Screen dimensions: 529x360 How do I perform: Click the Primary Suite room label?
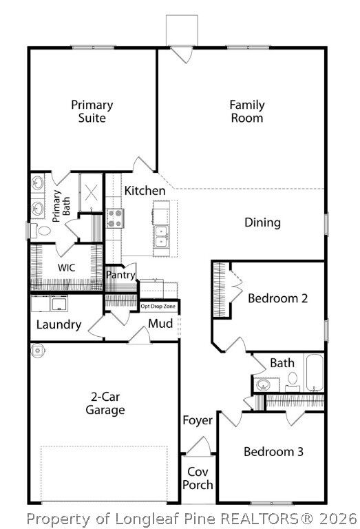tap(92, 112)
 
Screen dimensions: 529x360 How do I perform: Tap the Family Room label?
tap(246, 112)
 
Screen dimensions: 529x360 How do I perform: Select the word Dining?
tap(262, 222)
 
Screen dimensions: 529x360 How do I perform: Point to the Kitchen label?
tap(145, 191)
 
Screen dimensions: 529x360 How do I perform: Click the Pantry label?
tap(120, 275)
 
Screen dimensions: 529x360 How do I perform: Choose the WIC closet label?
tap(66, 267)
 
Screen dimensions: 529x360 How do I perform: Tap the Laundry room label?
tap(59, 324)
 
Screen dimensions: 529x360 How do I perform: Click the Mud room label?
tap(160, 324)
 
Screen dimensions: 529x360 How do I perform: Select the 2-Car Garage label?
tap(105, 404)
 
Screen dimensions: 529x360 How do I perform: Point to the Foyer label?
tap(198, 420)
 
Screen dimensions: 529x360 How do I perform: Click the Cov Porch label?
tap(198, 478)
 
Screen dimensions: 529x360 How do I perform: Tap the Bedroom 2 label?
tap(277, 298)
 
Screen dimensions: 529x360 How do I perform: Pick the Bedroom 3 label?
tap(273, 452)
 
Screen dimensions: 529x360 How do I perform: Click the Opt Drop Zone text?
tap(158, 306)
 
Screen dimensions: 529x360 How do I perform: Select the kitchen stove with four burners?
tap(114, 219)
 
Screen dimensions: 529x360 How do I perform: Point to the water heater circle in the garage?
tap(36, 350)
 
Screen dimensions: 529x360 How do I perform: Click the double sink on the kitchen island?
tap(162, 236)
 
